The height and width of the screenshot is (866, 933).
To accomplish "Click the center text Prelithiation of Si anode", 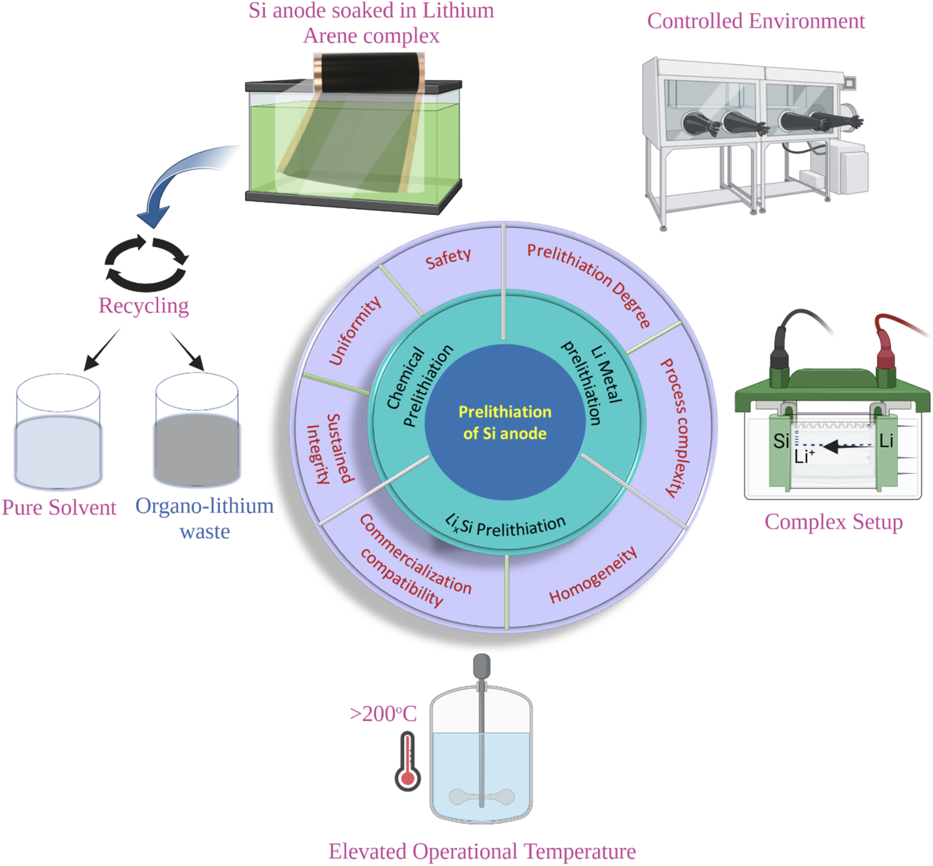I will [x=504, y=423].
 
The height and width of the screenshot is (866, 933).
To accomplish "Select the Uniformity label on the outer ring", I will [x=355, y=331].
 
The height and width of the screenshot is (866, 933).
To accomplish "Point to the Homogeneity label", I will [x=593, y=575].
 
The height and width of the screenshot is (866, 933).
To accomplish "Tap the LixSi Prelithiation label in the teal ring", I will [x=505, y=525].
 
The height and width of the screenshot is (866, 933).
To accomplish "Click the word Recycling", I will [x=144, y=306].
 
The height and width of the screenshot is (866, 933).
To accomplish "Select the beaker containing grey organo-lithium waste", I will [x=197, y=430].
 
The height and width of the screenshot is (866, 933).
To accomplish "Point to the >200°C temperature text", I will [x=383, y=714].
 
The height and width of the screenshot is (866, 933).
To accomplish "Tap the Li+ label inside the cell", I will [x=804, y=456].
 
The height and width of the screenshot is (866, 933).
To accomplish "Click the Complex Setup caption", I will [x=834, y=522].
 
